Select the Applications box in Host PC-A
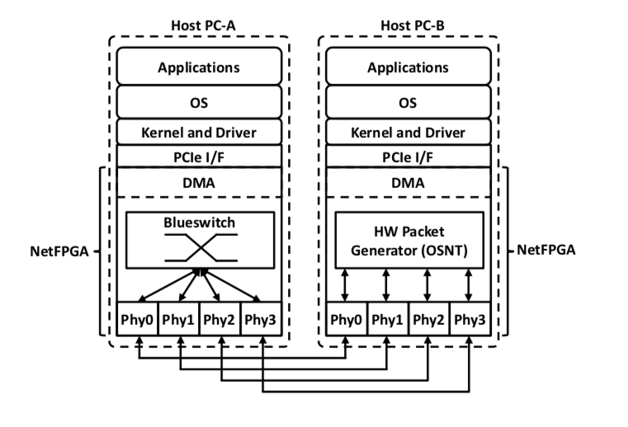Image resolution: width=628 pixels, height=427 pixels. pyautogui.click(x=199, y=67)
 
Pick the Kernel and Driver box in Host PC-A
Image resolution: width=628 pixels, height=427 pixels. pyautogui.click(x=199, y=132)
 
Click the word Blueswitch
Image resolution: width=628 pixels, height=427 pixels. pyautogui.click(x=199, y=223)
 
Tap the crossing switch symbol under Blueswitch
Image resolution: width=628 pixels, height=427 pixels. pyautogui.click(x=199, y=246)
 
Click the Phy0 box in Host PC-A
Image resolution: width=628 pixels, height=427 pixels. pyautogui.click(x=137, y=320)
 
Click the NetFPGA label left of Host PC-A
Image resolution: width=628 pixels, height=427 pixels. pyautogui.click(x=56, y=249)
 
